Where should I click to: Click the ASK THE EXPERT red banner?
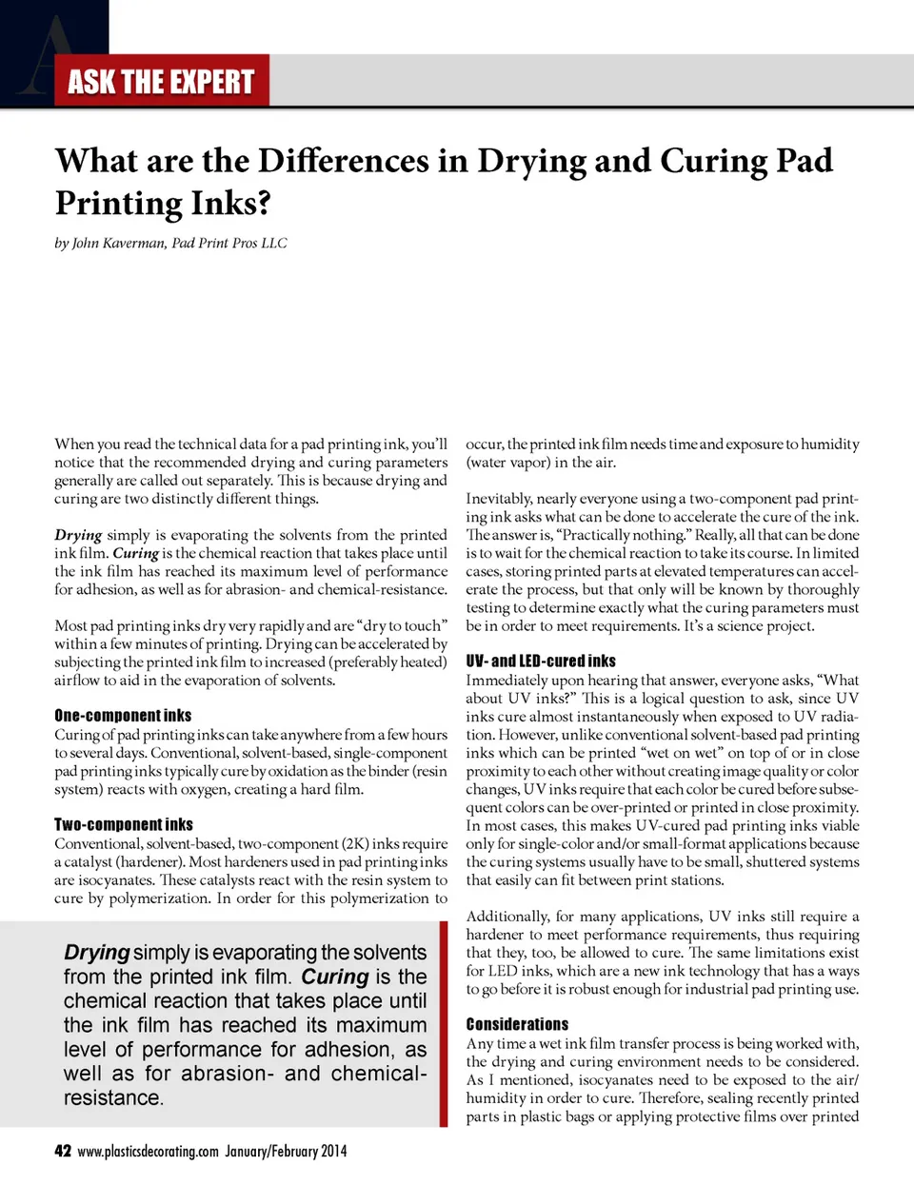(x=161, y=82)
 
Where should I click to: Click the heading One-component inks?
(x=123, y=716)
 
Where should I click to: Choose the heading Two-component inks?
(x=124, y=825)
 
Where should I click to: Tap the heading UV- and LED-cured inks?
(x=541, y=661)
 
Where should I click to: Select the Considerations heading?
(x=517, y=1025)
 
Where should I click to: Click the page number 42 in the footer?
(x=63, y=1151)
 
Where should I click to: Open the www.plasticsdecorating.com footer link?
(x=148, y=1152)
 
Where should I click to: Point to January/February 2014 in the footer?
(x=286, y=1152)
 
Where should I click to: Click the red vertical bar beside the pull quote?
(x=444, y=1023)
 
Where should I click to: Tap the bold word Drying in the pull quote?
(x=96, y=953)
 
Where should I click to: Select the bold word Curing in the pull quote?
(x=334, y=978)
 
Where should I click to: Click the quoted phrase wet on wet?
(x=685, y=753)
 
